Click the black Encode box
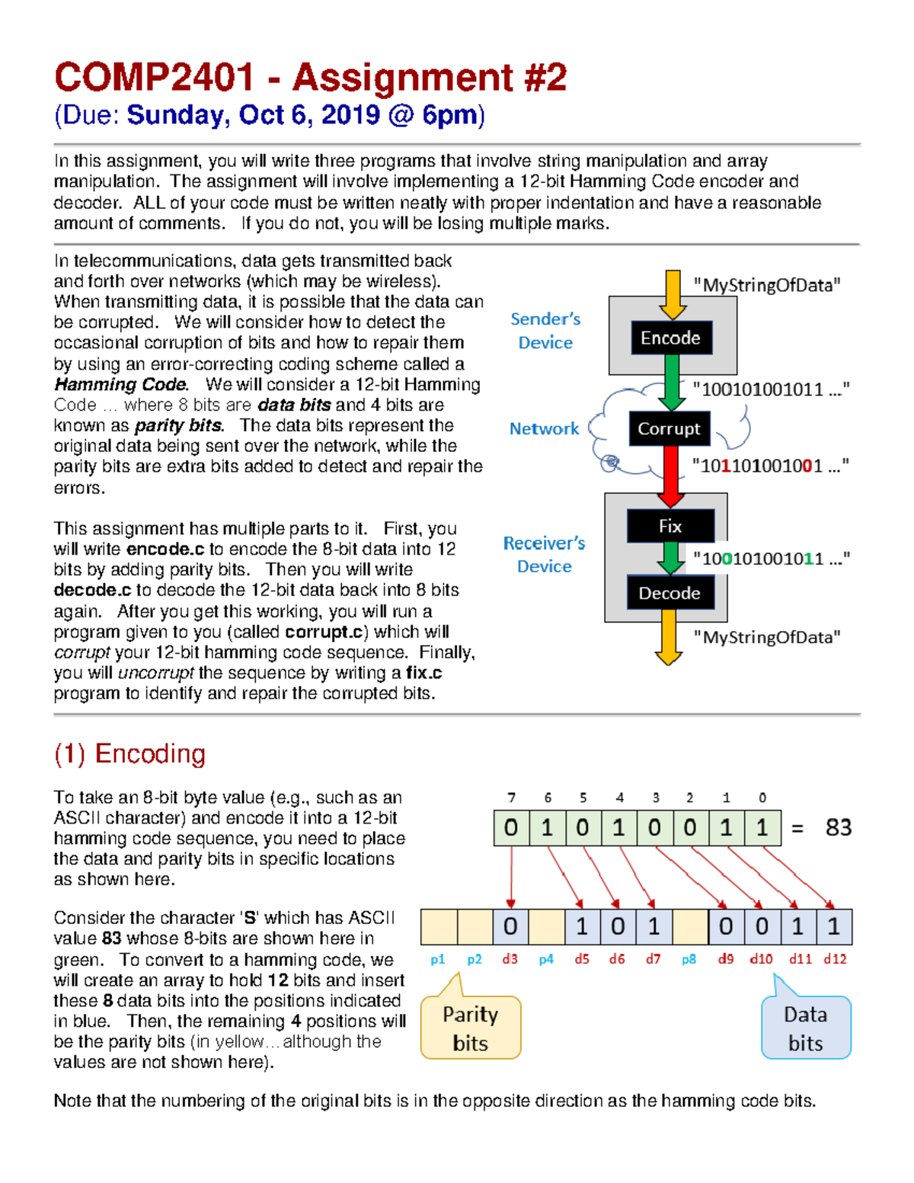pyautogui.click(x=671, y=337)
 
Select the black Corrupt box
pyautogui.click(x=669, y=429)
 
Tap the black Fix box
pyautogui.click(x=670, y=526)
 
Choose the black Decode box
pyautogui.click(x=670, y=593)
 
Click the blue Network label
pyautogui.click(x=544, y=429)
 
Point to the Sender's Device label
pyautogui.click(x=545, y=331)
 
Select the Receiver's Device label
pyautogui.click(x=544, y=555)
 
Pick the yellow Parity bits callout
pyautogui.click(x=471, y=1028)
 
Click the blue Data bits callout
pyautogui.click(x=806, y=1028)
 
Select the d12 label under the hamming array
pyautogui.click(x=835, y=959)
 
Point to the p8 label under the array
pyautogui.click(x=689, y=959)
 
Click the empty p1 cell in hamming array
pyautogui.click(x=439, y=926)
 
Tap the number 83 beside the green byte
pyautogui.click(x=839, y=827)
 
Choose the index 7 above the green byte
pyautogui.click(x=511, y=798)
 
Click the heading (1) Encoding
pyautogui.click(x=129, y=753)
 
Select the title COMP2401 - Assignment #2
pyautogui.click(x=310, y=78)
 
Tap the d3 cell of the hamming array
pyautogui.click(x=510, y=926)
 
